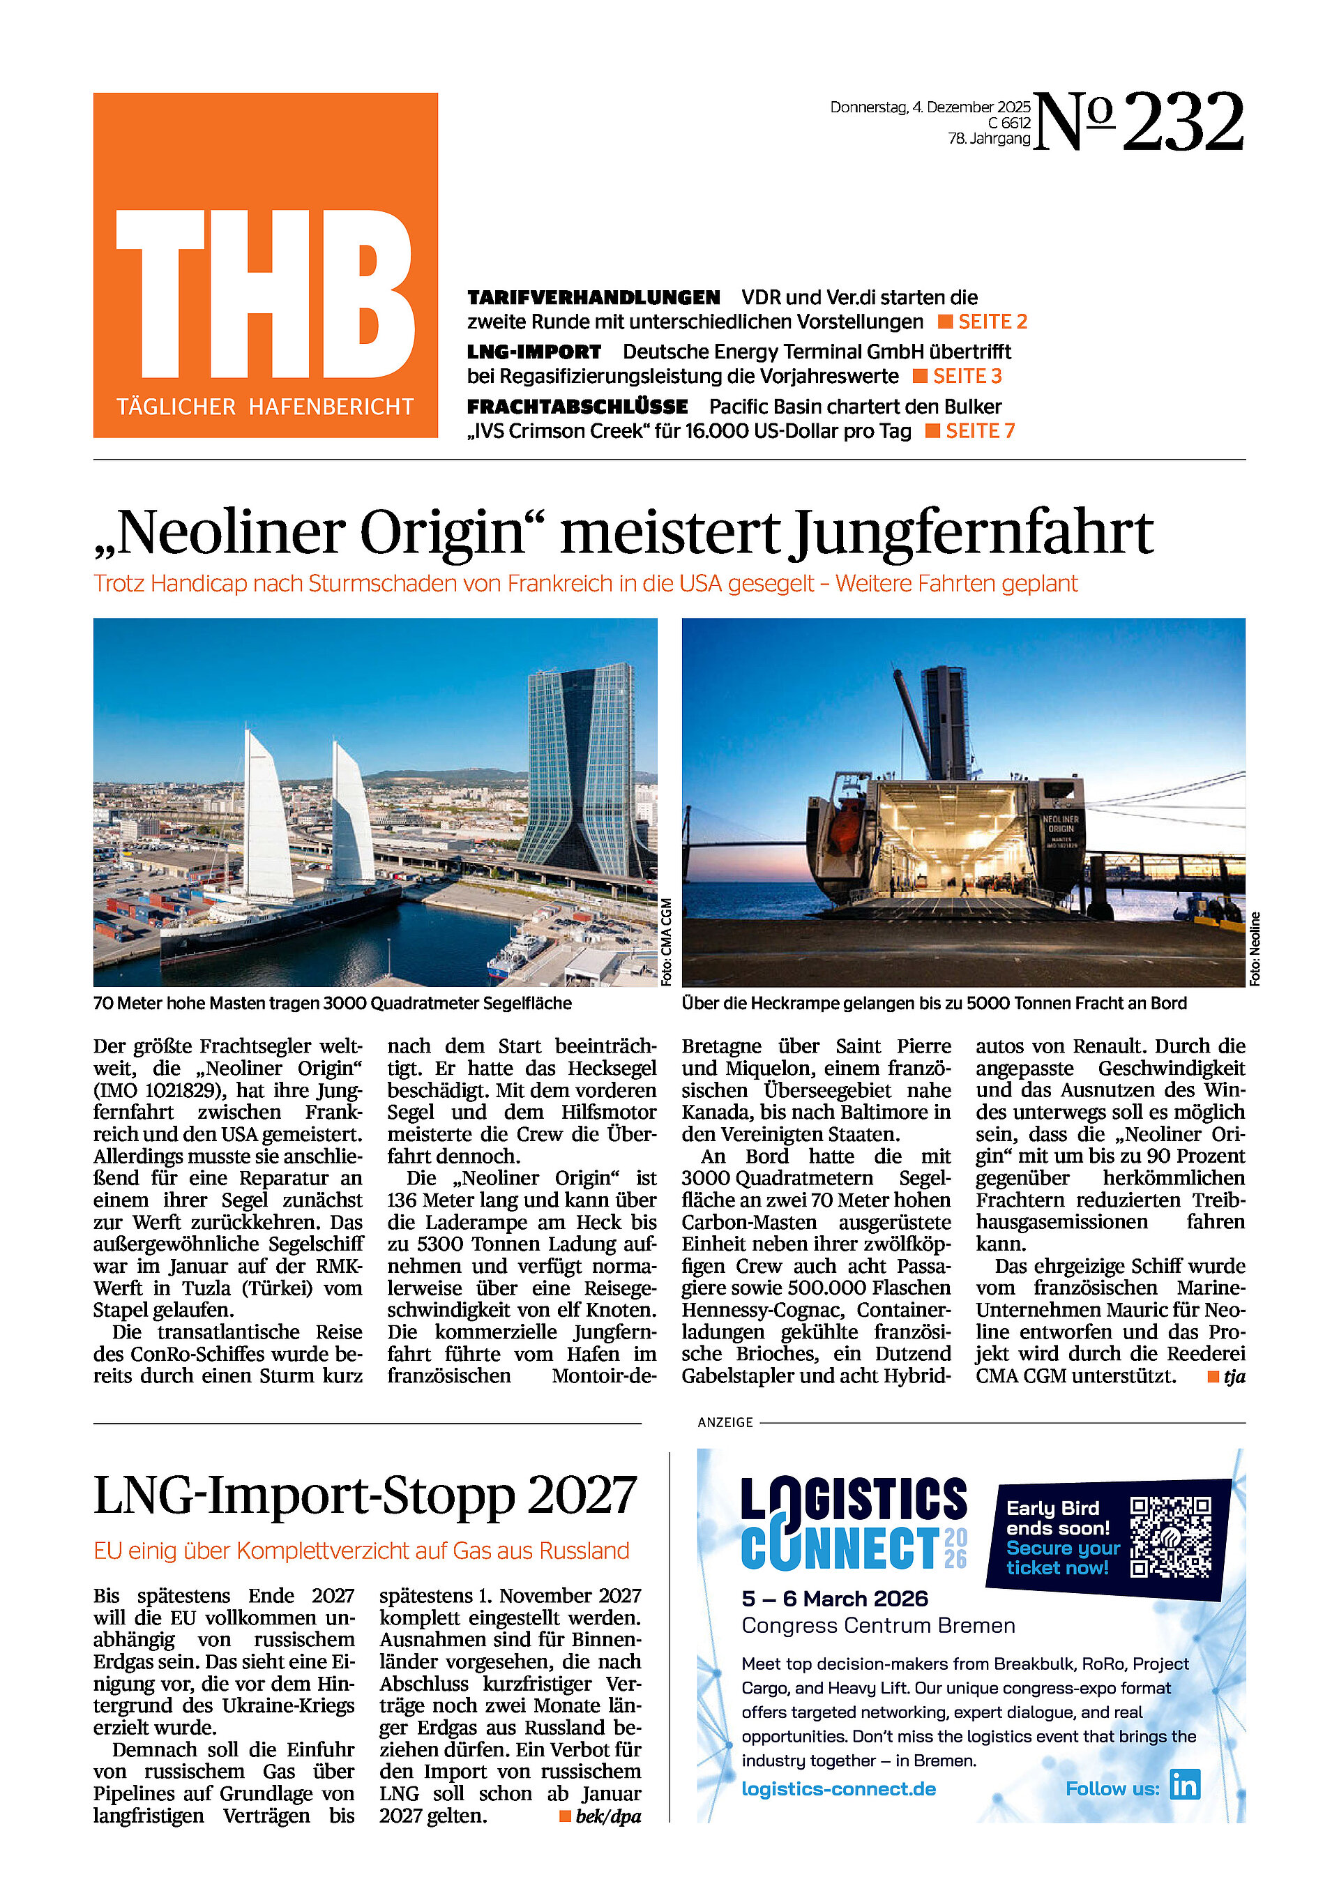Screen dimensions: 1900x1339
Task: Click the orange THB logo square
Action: (x=265, y=265)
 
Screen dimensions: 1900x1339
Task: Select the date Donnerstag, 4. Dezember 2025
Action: (x=930, y=107)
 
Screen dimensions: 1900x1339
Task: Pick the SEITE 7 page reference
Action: (x=979, y=431)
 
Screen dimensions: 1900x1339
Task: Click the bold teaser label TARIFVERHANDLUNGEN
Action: (x=593, y=298)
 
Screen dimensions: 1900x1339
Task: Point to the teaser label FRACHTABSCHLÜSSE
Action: (x=577, y=407)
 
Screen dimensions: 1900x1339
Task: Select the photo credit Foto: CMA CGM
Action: (x=666, y=942)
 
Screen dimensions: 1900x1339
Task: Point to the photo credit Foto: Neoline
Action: (x=1255, y=949)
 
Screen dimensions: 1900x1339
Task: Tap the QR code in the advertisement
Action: (x=1170, y=1537)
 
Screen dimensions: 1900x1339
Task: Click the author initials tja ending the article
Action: (x=1234, y=1377)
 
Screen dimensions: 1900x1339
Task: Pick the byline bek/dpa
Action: (x=607, y=1816)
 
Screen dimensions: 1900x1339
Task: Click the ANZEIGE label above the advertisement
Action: (x=725, y=1422)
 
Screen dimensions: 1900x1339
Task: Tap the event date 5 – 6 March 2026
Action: (x=834, y=1599)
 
